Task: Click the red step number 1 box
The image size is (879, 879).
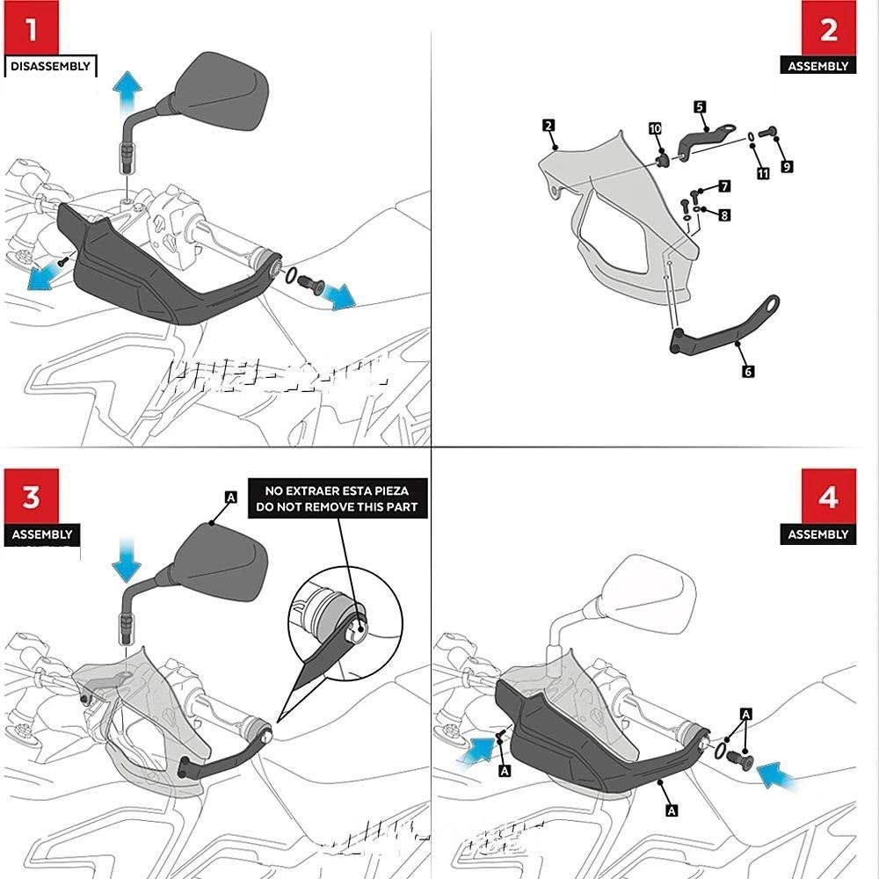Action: point(32,30)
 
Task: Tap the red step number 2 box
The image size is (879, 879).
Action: point(829,30)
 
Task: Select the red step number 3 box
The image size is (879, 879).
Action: point(32,498)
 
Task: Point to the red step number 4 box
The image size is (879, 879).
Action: point(829,498)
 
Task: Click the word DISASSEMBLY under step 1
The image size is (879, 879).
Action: point(51,66)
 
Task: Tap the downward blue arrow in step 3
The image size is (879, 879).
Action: point(128,563)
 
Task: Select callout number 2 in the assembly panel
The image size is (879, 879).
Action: point(548,127)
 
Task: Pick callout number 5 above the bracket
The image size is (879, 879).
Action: point(700,106)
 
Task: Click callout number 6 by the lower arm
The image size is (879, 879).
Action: point(748,372)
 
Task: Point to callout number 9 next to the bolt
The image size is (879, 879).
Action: point(787,165)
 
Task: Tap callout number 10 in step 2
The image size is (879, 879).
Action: point(655,129)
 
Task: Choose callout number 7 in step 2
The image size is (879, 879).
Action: point(723,186)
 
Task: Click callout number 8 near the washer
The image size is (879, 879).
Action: point(723,214)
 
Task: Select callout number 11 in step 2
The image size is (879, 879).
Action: point(763,174)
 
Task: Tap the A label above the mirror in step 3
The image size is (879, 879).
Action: point(231,498)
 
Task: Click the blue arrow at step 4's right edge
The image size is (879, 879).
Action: point(779,774)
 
